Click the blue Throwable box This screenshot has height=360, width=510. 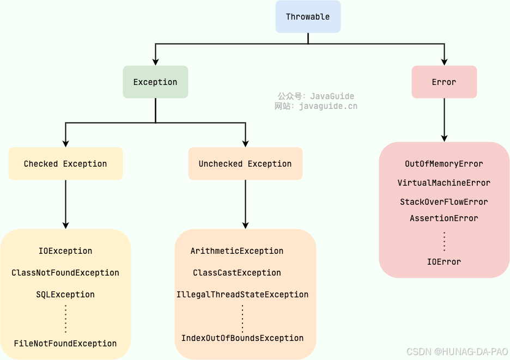pyautogui.click(x=308, y=17)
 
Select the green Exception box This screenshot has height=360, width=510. pyautogui.click(x=155, y=82)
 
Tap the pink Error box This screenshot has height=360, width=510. pyautogui.click(x=444, y=82)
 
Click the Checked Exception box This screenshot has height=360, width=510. pyautogui.click(x=65, y=164)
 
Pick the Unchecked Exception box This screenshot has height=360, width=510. pyautogui.click(x=245, y=164)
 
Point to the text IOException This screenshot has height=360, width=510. pyautogui.click(x=65, y=251)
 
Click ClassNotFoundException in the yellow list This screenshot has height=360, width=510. pyautogui.click(x=65, y=273)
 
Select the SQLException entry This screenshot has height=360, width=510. pyautogui.click(x=65, y=295)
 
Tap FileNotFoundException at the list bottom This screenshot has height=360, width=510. pyautogui.click(x=65, y=344)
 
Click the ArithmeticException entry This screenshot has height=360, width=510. pyautogui.click(x=237, y=251)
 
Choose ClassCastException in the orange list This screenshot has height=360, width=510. pyautogui.click(x=237, y=273)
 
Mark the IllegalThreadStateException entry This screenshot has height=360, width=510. pyautogui.click(x=242, y=295)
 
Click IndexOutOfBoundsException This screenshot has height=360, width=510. pyautogui.click(x=242, y=338)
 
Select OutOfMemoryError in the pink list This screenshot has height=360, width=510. pyautogui.click(x=444, y=164)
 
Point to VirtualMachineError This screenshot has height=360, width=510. pyautogui.click(x=444, y=183)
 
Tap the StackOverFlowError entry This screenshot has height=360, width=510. pyautogui.click(x=444, y=202)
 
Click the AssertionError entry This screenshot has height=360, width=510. pyautogui.click(x=444, y=218)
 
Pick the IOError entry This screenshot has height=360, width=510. pyautogui.click(x=444, y=262)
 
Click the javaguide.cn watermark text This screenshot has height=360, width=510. pyautogui.click(x=328, y=106)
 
